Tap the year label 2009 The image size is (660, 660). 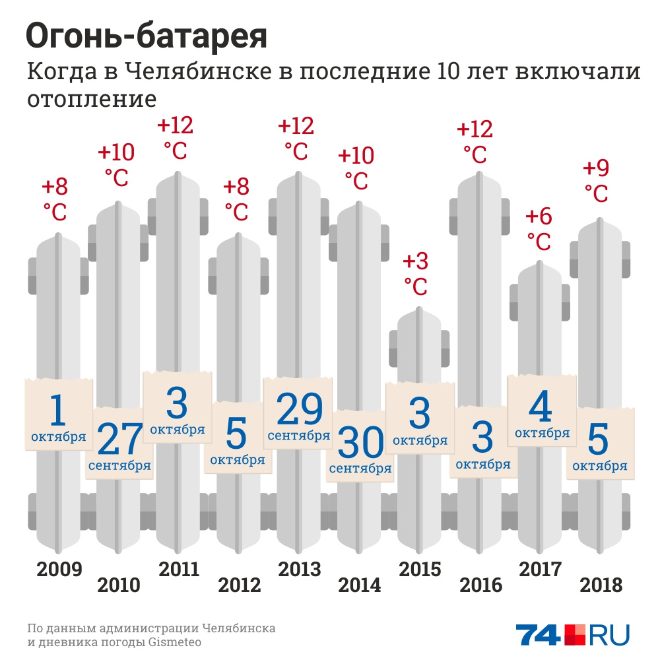pos(59,569)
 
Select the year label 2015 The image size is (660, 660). pos(420,569)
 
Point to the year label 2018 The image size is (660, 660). pos(601,585)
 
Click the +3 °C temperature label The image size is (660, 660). pos(415,273)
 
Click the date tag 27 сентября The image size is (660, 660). pos(119,445)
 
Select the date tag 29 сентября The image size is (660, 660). pos(299,416)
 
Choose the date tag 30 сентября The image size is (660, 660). pos(360,449)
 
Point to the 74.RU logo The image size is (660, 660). pos(572,635)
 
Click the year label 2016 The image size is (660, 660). pos(480,585)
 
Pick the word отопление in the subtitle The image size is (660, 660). pos(92,99)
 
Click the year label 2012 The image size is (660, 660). pos(240,585)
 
